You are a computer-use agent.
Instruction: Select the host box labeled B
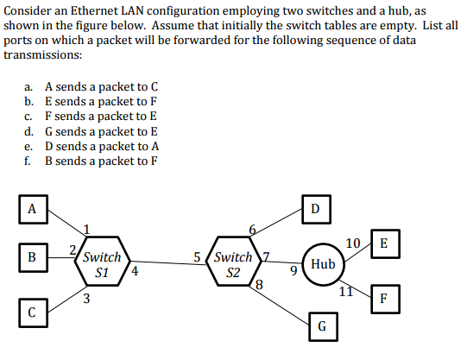coord(33,256)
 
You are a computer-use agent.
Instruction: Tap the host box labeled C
coord(33,311)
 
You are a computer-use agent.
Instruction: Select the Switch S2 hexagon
coord(232,263)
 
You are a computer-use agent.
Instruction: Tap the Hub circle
coord(322,262)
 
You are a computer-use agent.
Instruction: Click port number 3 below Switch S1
coord(87,299)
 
